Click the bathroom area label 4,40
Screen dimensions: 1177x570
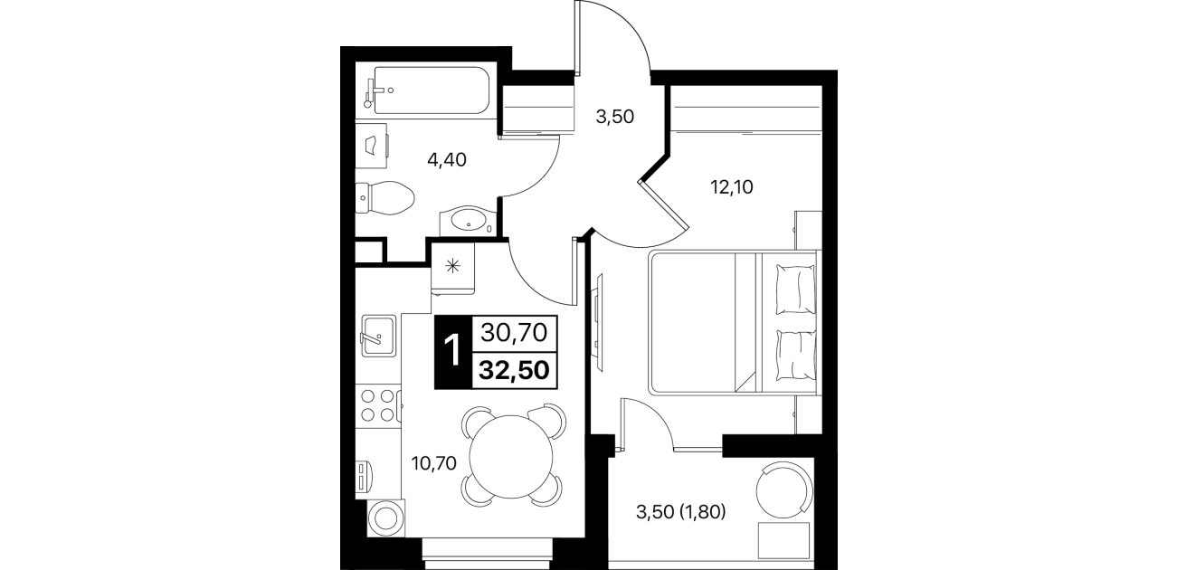pyautogui.click(x=447, y=160)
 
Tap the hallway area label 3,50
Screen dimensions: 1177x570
pyautogui.click(x=615, y=116)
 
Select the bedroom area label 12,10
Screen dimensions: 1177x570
pyautogui.click(x=731, y=186)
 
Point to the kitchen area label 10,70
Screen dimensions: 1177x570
pyautogui.click(x=433, y=463)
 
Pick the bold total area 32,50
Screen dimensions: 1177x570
pyautogui.click(x=515, y=370)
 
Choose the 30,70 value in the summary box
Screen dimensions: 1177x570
pyautogui.click(x=515, y=333)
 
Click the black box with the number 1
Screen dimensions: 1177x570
pyautogui.click(x=453, y=352)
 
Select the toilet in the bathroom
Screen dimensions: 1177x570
pyautogui.click(x=384, y=197)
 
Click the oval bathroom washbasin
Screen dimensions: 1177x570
pyautogui.click(x=468, y=221)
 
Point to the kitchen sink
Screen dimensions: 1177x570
pyautogui.click(x=378, y=336)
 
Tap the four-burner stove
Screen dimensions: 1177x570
pyautogui.click(x=378, y=405)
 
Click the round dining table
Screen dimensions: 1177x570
pyautogui.click(x=511, y=457)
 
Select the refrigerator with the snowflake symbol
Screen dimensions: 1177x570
pyautogui.click(x=453, y=268)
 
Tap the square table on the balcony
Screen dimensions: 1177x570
pyautogui.click(x=783, y=540)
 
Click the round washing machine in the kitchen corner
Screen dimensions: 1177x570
pyautogui.click(x=386, y=518)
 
